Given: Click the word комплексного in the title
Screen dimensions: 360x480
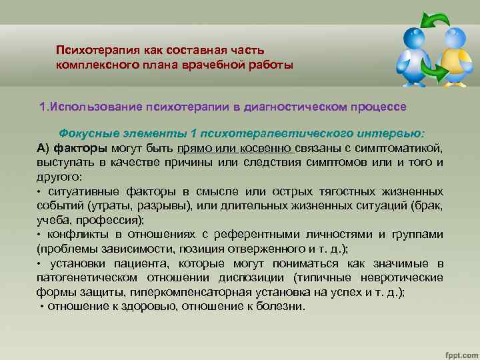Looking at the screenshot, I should pos(95,64).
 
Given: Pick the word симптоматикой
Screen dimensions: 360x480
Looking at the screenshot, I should pos(405,147).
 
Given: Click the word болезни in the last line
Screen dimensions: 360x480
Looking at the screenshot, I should pos(280,307).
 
